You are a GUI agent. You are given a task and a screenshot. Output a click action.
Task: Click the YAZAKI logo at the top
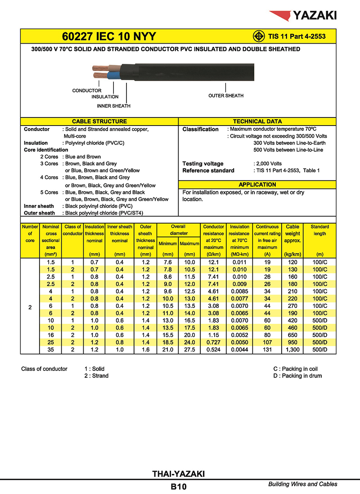pos(303,16)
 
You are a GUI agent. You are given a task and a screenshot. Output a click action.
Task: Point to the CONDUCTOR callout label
pos(87,91)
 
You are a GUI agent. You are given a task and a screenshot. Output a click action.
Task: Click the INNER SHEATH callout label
pos(114,106)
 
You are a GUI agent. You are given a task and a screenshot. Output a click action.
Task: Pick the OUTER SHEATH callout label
pos(226,96)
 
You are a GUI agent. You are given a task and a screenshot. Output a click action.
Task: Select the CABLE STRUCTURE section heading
pos(99,121)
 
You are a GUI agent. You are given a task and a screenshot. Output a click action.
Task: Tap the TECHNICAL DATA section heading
pos(257,121)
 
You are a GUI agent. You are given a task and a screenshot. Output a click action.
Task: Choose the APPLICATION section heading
pos(257,184)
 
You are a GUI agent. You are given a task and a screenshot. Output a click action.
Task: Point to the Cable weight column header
pos(292,234)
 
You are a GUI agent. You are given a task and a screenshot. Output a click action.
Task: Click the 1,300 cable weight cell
pos(292,350)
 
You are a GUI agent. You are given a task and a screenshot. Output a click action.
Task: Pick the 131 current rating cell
pos(267,350)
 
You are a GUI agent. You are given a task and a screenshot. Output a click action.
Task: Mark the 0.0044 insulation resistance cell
pos(239,350)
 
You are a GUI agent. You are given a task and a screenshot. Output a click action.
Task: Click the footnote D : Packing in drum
pos(297,376)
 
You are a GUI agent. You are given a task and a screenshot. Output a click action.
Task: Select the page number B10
pos(179,486)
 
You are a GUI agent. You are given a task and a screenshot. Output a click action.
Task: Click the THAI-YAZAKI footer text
pos(179,474)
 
